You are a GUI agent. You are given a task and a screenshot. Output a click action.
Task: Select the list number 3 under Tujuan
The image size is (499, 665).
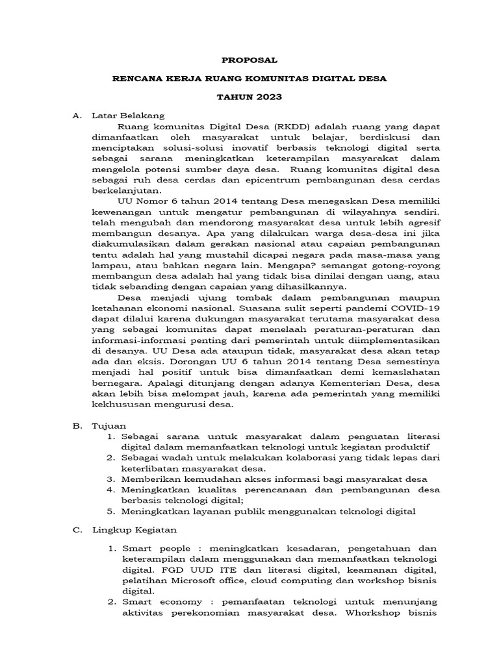(111, 479)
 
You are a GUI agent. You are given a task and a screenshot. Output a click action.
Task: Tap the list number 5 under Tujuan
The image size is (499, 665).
(111, 511)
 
